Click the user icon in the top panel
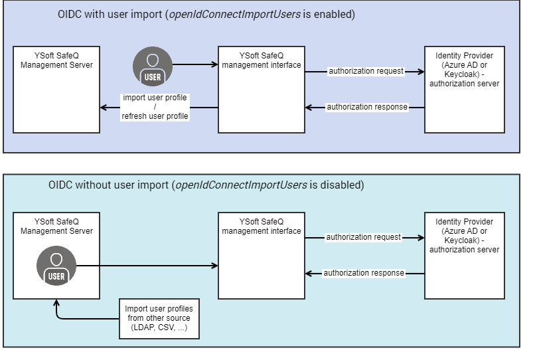[153, 66]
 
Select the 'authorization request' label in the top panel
[366, 71]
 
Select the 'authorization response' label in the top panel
[366, 107]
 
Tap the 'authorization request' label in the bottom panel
[363, 236]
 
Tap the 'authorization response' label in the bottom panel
[364, 273]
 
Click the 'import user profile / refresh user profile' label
[155, 107]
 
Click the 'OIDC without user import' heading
[206, 185]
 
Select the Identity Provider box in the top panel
[464, 89]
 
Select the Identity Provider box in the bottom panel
[464, 255]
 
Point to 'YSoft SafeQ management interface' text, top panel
[262, 60]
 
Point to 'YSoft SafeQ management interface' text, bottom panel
[262, 226]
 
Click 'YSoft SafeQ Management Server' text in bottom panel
[56, 226]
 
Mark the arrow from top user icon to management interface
[196, 64]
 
